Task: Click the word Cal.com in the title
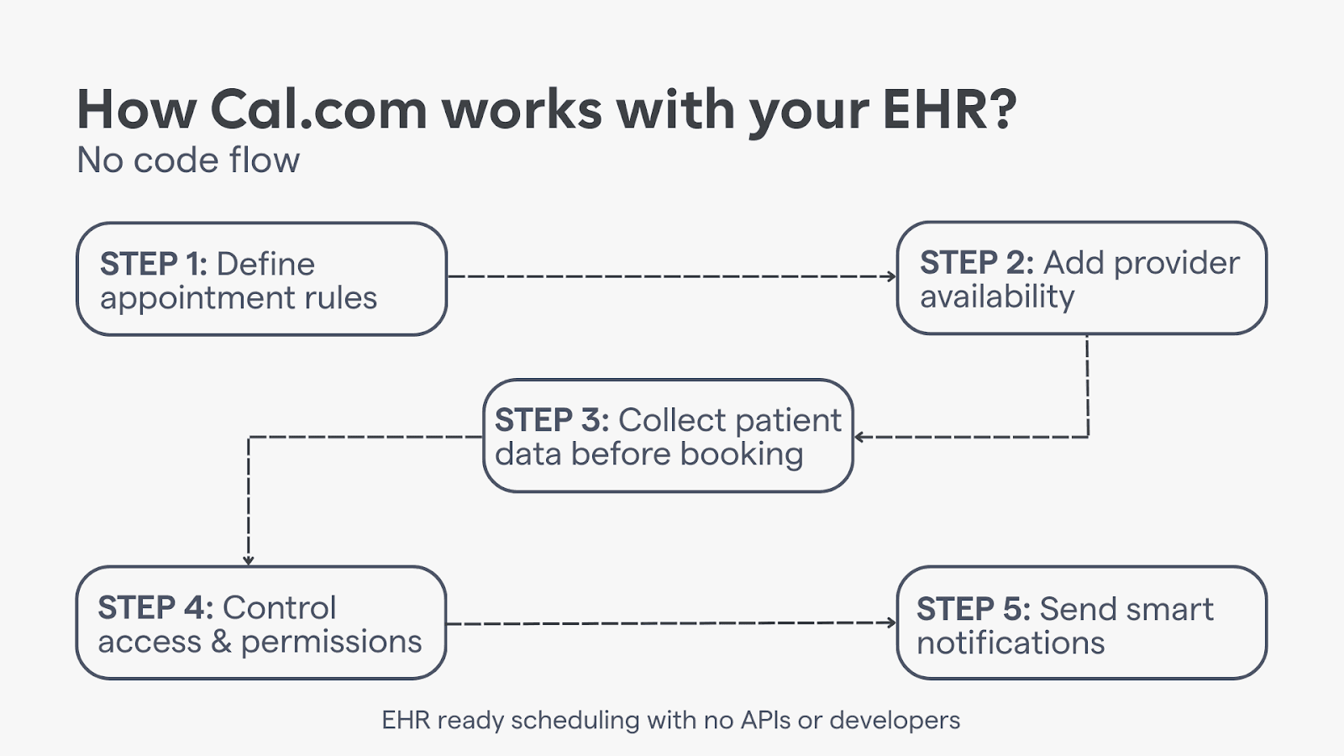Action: [318, 110]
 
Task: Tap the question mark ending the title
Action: [1001, 110]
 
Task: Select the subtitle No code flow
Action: [188, 160]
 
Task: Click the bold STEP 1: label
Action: [153, 265]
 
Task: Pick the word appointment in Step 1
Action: [197, 299]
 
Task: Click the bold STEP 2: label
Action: [976, 263]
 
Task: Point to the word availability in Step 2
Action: [997, 297]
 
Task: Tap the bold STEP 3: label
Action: [551, 420]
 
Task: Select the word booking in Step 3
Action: [742, 454]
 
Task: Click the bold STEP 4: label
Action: [155, 607]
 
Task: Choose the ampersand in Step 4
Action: [221, 642]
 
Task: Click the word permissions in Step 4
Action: [331, 643]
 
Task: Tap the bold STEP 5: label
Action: [973, 609]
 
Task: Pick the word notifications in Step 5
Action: [1011, 643]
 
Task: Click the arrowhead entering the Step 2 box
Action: [892, 276]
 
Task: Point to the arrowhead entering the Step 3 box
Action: [859, 437]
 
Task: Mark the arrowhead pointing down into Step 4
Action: [249, 560]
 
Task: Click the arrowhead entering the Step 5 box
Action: [892, 622]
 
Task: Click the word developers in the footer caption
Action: [895, 721]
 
